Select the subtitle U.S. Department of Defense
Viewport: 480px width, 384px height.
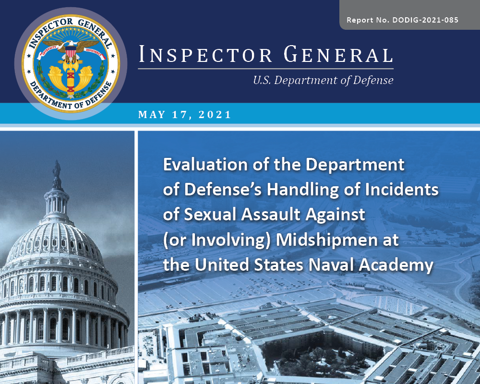pos(323,80)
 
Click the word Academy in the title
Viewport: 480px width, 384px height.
pos(400,264)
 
